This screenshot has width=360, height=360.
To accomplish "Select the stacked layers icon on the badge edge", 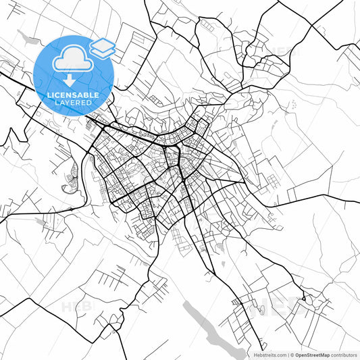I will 103,47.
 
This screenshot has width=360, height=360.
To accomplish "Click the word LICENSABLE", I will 74,95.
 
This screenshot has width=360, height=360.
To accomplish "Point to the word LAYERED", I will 74,103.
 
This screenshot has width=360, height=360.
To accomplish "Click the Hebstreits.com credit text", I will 269,355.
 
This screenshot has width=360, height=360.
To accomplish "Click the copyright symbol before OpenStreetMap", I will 292,355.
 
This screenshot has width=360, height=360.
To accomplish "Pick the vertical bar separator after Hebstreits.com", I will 287,355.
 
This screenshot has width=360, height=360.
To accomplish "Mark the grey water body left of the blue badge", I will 27,37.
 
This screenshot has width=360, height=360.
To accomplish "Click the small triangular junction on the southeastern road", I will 304,298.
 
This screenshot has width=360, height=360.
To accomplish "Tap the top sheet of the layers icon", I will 103,44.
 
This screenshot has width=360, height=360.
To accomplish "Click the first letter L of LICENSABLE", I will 49,95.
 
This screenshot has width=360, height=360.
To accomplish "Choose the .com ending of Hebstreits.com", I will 280,355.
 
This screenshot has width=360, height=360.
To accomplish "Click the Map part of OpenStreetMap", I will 323,355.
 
